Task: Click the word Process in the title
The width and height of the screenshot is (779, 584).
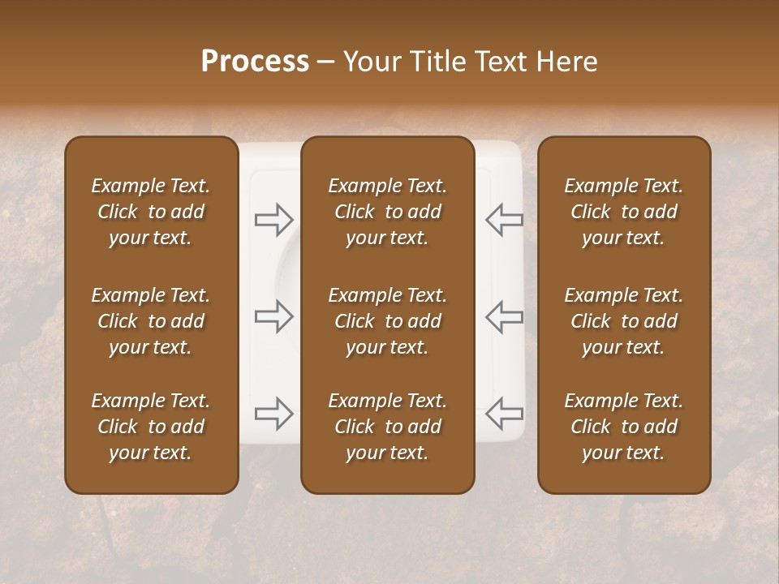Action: pyautogui.click(x=255, y=62)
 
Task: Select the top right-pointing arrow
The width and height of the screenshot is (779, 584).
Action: pyautogui.click(x=274, y=219)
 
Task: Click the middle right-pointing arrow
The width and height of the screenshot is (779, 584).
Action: pyautogui.click(x=274, y=316)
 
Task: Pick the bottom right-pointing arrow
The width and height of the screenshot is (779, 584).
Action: pyautogui.click(x=274, y=414)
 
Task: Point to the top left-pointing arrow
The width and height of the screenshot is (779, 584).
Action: pyautogui.click(x=504, y=219)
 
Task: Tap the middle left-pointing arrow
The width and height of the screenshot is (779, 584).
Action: pyautogui.click(x=504, y=316)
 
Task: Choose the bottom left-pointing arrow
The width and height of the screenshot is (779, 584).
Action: pyautogui.click(x=504, y=414)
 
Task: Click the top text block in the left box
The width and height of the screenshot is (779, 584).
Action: pyautogui.click(x=151, y=212)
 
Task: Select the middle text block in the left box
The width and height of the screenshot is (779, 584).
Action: pyautogui.click(x=151, y=321)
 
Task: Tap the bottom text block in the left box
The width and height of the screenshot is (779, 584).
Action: pyautogui.click(x=151, y=427)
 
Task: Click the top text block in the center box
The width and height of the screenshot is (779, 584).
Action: pyautogui.click(x=388, y=212)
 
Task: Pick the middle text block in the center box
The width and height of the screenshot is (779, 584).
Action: pyautogui.click(x=388, y=321)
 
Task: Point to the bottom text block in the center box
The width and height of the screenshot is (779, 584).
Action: pyautogui.click(x=388, y=427)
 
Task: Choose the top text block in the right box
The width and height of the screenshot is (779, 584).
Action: pyautogui.click(x=624, y=212)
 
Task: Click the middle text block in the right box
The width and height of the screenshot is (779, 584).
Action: pyautogui.click(x=624, y=321)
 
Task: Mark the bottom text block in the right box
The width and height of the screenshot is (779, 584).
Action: pyautogui.click(x=624, y=427)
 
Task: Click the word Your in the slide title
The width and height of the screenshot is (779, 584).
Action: pyautogui.click(x=371, y=62)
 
